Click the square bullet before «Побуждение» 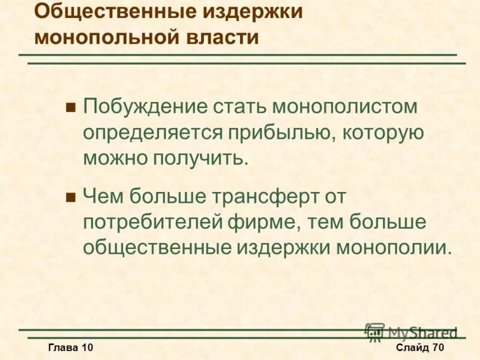tap(70, 108)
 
